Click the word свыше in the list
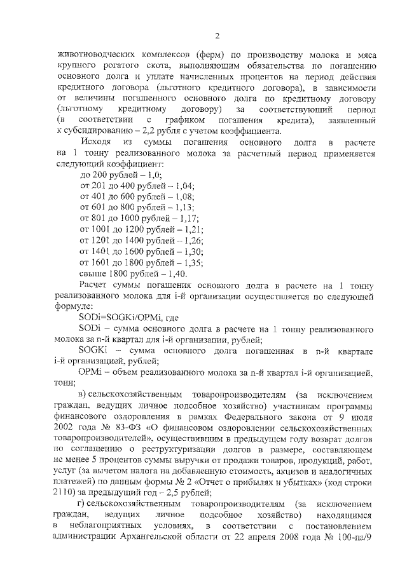click(93, 273)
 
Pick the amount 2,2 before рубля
click(153, 132)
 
